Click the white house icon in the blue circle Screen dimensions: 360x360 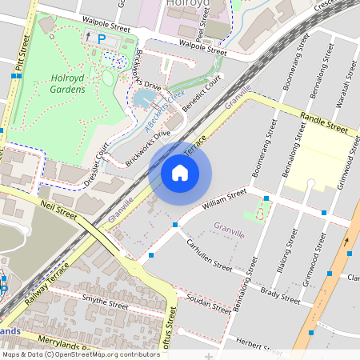pos(180,172)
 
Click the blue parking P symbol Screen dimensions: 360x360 pos(101,38)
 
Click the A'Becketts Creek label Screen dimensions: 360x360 pos(160,115)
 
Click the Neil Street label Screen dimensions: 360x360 pos(58,211)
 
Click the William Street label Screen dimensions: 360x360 pos(225,198)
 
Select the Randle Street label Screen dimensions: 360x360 pos(324,122)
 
